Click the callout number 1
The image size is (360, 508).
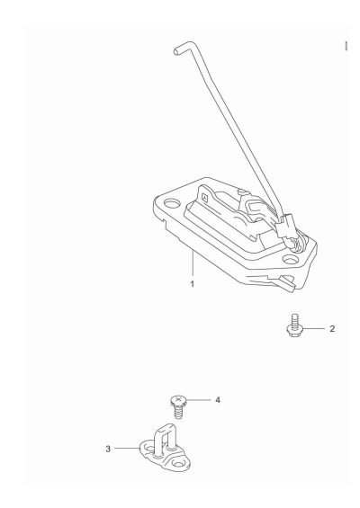coord(191,284)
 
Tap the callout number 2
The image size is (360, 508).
coord(332,329)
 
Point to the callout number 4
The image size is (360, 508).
coord(216,399)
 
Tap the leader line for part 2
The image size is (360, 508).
coord(315,329)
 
